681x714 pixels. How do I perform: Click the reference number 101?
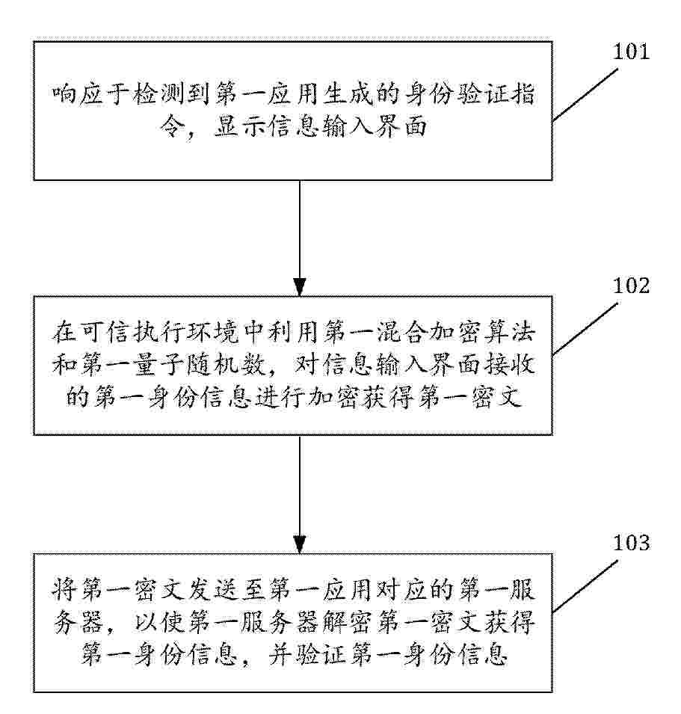pyautogui.click(x=631, y=52)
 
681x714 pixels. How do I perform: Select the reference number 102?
pyautogui.click(x=631, y=286)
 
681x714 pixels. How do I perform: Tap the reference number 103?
pyautogui.click(x=631, y=543)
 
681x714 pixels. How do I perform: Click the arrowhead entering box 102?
pyautogui.click(x=300, y=287)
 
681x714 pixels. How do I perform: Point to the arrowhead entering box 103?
pyautogui.click(x=300, y=544)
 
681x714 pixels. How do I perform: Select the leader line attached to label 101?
pyautogui.click(x=585, y=95)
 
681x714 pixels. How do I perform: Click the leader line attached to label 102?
pyautogui.click(x=585, y=328)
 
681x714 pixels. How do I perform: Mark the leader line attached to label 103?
pyautogui.click(x=585, y=586)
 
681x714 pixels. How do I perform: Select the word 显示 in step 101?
pyautogui.click(x=239, y=126)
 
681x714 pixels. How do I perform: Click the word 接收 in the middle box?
pyautogui.click(x=510, y=364)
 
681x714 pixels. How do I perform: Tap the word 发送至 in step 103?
pyautogui.click(x=226, y=590)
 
